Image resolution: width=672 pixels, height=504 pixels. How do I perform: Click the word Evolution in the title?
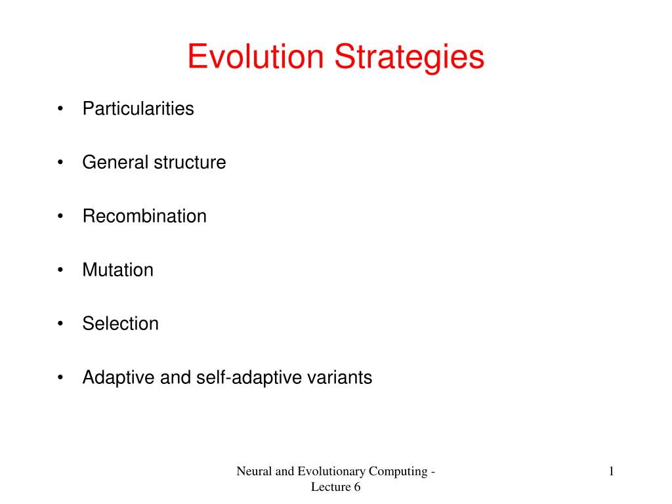[256, 56]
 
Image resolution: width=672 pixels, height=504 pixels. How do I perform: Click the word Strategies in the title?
[409, 58]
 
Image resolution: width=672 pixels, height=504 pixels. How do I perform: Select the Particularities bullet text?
[138, 108]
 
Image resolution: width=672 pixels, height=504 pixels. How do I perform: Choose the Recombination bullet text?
[144, 216]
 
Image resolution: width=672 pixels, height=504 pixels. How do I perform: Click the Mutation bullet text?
[117, 270]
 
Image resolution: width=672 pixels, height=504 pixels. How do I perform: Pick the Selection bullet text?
[120, 324]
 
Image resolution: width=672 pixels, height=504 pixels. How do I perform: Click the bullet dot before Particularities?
[61, 109]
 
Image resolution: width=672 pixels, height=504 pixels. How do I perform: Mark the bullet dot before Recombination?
[61, 217]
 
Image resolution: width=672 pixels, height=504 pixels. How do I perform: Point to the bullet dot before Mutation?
[61, 270]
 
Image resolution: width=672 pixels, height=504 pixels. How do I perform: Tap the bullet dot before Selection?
[61, 324]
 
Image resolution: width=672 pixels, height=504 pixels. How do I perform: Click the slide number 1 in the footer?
[611, 471]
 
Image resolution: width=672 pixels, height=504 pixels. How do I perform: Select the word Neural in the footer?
[252, 471]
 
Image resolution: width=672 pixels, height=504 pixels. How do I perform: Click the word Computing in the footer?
[401, 472]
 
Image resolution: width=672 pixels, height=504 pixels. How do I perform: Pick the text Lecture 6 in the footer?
[335, 486]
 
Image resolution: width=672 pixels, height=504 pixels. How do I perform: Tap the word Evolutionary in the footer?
[330, 472]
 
